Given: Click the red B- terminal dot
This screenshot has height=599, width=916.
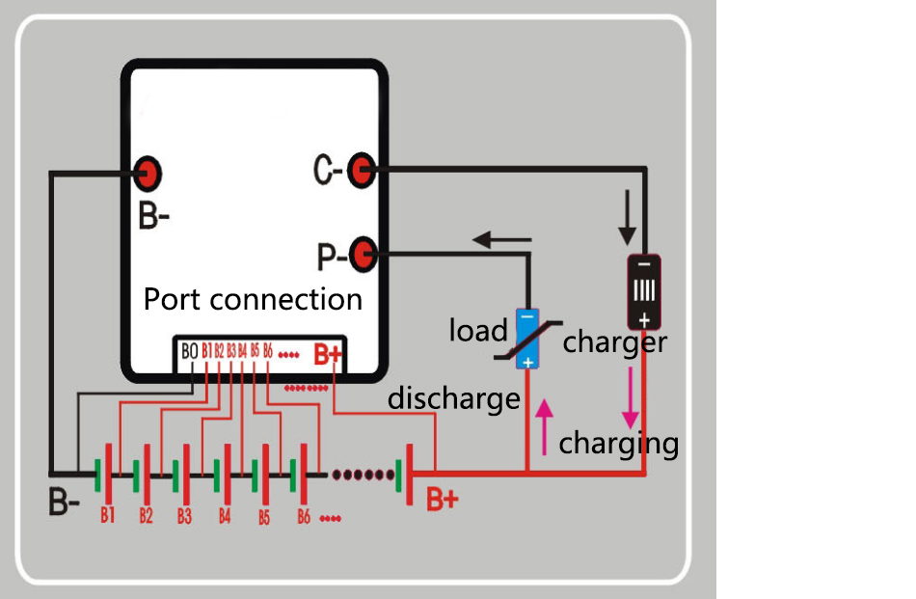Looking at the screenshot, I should (x=148, y=175).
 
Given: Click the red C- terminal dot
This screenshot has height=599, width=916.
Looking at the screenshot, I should (x=360, y=171).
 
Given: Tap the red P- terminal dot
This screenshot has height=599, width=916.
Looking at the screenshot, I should (x=363, y=256).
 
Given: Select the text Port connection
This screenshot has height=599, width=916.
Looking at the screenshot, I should (x=253, y=299).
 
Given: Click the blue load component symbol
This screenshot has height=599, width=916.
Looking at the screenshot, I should (x=526, y=339).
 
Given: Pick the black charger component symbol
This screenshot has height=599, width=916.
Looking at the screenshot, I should (x=643, y=291).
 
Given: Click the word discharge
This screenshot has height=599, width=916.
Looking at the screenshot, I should (x=453, y=397).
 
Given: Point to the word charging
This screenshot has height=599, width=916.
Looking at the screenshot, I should (x=619, y=444).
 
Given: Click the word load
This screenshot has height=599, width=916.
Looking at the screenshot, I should (x=478, y=331).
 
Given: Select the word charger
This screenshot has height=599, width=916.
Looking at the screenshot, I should (x=615, y=342).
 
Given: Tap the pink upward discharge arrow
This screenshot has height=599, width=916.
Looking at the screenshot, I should (x=546, y=426).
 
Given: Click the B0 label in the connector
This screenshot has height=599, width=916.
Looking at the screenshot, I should (x=190, y=352).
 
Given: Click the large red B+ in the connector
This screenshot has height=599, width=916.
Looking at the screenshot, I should (x=328, y=354).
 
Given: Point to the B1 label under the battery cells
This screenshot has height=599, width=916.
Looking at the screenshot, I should (x=107, y=515).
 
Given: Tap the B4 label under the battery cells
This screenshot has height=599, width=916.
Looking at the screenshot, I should (x=224, y=516).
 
